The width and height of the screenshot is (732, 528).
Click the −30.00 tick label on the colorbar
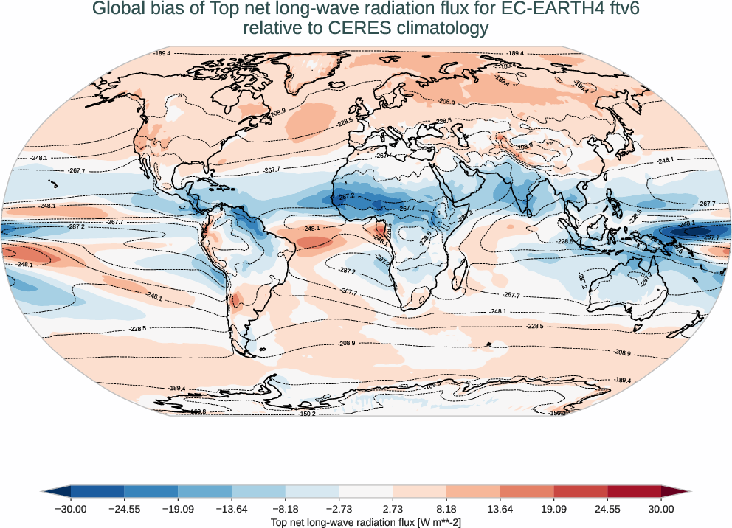pyautogui.click(x=71, y=509)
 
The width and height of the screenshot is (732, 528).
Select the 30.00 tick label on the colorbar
pyautogui.click(x=661, y=509)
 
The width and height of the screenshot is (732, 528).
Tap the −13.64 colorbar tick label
pyautogui.click(x=232, y=509)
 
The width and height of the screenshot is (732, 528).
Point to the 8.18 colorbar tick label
pyautogui.click(x=446, y=509)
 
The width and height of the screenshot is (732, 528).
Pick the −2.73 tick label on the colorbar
pyautogui.click(x=339, y=509)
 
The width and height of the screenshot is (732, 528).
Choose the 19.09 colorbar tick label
pyautogui.click(x=553, y=509)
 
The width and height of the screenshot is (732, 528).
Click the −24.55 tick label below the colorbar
pyautogui.click(x=125, y=509)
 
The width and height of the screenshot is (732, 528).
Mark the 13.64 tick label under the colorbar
pyautogui.click(x=500, y=509)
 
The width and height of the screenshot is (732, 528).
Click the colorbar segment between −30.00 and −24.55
pyautogui.click(x=97, y=490)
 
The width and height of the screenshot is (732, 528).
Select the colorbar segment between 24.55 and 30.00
pyautogui.click(x=635, y=490)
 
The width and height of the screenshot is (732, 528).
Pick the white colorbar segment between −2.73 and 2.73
pyautogui.click(x=366, y=490)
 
